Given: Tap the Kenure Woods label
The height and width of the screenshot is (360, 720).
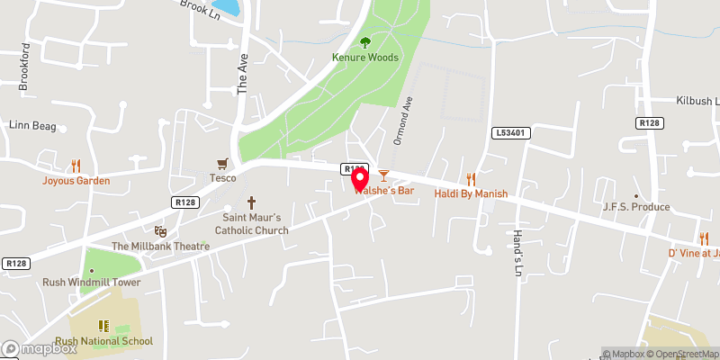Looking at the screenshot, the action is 364,58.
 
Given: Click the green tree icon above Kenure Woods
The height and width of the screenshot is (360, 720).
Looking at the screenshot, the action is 364,41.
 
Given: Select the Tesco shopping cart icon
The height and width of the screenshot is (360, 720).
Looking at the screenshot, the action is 222,163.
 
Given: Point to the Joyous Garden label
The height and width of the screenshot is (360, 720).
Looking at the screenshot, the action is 76,180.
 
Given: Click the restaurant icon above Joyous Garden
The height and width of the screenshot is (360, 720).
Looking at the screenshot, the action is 76,166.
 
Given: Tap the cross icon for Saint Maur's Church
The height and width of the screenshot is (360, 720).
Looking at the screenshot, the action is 251,203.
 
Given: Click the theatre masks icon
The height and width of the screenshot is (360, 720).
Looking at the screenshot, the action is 160,231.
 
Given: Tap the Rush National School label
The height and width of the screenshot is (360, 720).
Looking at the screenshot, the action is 103,341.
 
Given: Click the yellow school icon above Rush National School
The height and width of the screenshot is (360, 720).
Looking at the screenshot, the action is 103,325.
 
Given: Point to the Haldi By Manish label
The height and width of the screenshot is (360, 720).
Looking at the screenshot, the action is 471,193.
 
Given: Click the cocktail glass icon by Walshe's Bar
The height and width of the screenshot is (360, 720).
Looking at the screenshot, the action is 383,175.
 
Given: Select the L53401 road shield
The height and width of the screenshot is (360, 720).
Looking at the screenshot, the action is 509,133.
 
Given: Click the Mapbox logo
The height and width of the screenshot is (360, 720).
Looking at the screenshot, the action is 39,348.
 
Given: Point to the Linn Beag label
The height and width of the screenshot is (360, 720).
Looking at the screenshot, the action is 32,125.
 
